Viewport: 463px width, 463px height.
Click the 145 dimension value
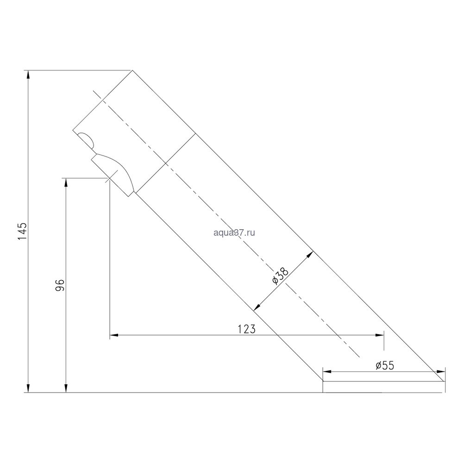[x=22, y=232]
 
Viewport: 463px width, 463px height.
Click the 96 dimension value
[x=60, y=285]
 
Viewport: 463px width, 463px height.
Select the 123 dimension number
[x=247, y=329]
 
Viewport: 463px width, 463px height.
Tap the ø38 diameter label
[x=280, y=276]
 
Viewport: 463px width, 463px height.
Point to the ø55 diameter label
[x=385, y=366]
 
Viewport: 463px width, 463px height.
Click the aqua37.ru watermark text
[x=234, y=233]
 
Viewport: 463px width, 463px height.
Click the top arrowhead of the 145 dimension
[x=28, y=74]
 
